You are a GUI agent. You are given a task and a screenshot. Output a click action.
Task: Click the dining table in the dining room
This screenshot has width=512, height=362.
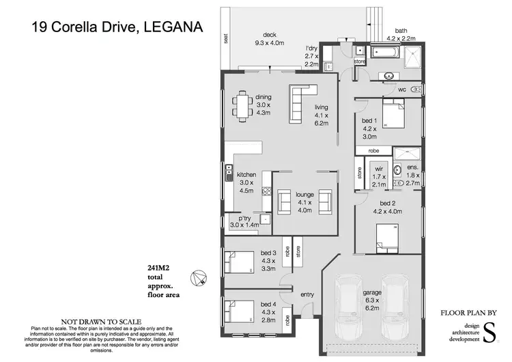point(242,107)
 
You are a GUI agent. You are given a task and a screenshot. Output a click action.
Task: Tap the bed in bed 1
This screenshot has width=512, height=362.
point(392,115)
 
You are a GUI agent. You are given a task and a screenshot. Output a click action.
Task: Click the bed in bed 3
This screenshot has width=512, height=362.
point(239,262)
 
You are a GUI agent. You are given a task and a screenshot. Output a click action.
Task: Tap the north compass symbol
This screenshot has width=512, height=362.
point(199,277)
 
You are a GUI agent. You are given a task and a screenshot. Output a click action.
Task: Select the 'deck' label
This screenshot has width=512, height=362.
point(270,36)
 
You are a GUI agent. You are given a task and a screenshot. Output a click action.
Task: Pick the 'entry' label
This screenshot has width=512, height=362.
point(307,294)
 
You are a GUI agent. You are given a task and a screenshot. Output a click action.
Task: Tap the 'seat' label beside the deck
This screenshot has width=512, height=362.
point(225,40)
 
